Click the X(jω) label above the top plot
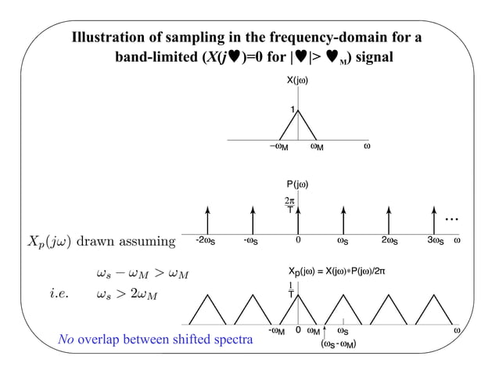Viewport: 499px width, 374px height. click(x=298, y=80)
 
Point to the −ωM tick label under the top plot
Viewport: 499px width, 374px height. click(x=278, y=146)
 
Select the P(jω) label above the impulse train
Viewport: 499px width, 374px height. click(x=297, y=184)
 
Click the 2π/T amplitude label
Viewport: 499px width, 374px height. click(x=290, y=205)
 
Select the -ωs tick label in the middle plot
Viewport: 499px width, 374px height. click(x=252, y=240)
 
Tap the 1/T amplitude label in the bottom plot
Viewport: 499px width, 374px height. click(x=291, y=290)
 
